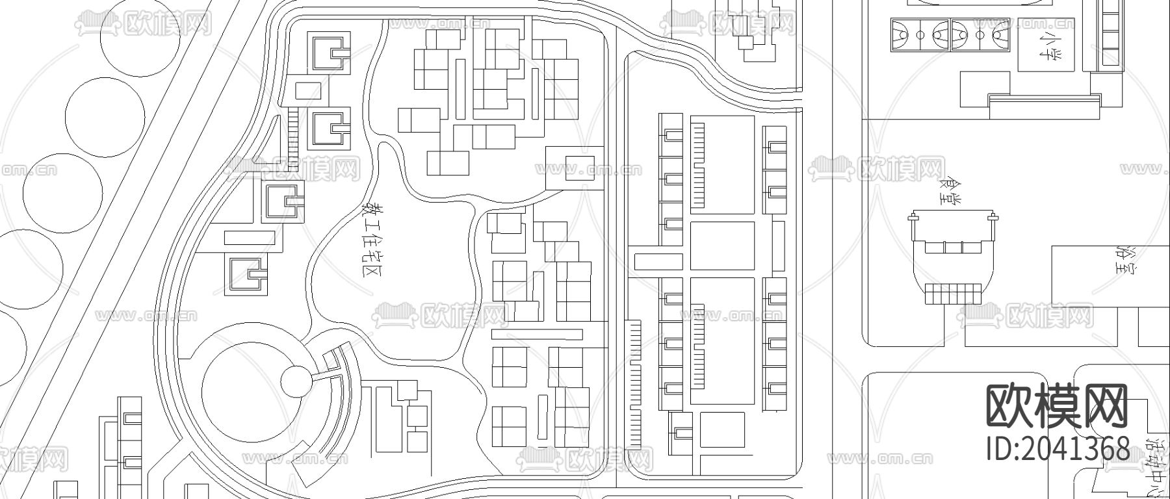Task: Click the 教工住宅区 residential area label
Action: (x=372, y=240)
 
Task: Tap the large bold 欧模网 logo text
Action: (x=1057, y=404)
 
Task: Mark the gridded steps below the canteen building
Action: (x=953, y=294)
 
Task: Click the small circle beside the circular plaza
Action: (x=298, y=381)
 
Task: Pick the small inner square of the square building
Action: (x=580, y=168)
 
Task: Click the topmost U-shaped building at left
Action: (x=328, y=53)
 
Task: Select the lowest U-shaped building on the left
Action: (x=246, y=274)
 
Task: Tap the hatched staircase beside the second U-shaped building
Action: (x=292, y=138)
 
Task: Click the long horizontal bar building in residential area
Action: (x=537, y=335)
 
